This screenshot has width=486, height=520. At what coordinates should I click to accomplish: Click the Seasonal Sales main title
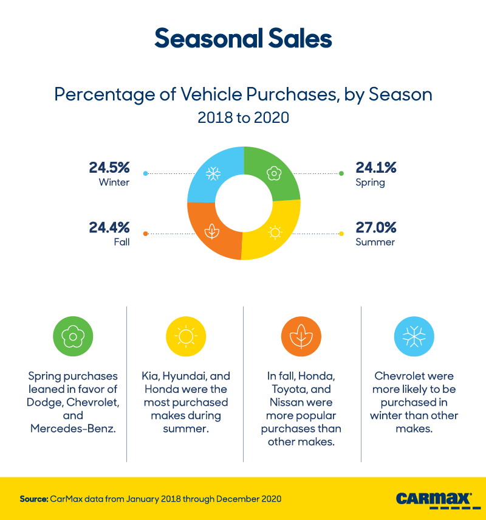243,38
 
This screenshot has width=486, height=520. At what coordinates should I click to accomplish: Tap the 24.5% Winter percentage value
109,167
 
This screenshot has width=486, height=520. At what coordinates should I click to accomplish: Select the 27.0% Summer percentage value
376,227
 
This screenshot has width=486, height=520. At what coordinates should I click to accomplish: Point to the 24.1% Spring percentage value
376,167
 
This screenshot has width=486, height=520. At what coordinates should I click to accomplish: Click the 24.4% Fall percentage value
109,227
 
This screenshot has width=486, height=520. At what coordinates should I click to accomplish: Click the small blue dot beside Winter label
145,174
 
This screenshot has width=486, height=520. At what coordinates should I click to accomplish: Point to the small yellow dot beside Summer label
341,234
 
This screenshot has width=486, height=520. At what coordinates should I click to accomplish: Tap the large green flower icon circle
73,336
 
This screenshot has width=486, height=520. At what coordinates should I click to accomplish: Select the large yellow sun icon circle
186,336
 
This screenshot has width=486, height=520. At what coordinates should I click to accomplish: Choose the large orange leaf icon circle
301,336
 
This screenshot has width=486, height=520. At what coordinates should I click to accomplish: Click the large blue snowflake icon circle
414,336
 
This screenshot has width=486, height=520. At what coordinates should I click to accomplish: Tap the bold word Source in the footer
33,499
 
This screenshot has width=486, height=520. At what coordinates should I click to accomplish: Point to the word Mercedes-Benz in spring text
73,429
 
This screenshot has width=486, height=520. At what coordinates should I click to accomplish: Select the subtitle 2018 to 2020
243,117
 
